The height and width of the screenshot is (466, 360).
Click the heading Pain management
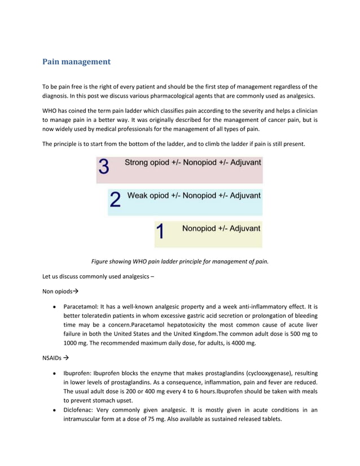tap(76, 61)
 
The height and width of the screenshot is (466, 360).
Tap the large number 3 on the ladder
tap(104, 168)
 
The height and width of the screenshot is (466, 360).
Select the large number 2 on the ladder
tap(115, 200)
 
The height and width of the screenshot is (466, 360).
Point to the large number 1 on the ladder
tap(160, 232)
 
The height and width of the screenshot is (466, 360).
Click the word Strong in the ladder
tap(137, 162)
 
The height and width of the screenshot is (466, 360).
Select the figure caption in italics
tap(180, 261)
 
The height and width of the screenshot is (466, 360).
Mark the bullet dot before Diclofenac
tap(54, 410)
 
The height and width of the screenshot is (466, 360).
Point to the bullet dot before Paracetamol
tap(54, 306)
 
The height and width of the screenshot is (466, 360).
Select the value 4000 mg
tap(243, 343)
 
